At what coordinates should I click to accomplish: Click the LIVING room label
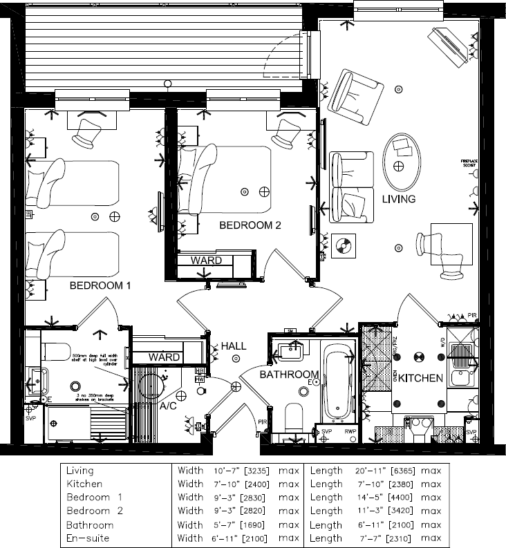[x=399, y=199]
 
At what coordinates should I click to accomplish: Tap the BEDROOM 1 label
[x=100, y=285]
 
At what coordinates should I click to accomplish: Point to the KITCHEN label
[x=420, y=378]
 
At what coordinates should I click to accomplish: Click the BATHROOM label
[x=290, y=375]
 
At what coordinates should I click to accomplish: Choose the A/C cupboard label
[x=168, y=408]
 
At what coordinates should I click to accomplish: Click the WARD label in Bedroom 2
[x=206, y=261]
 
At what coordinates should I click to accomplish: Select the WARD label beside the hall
[x=164, y=357]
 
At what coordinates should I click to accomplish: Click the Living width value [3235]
[x=252, y=471]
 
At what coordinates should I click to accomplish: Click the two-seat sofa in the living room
[x=350, y=187]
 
